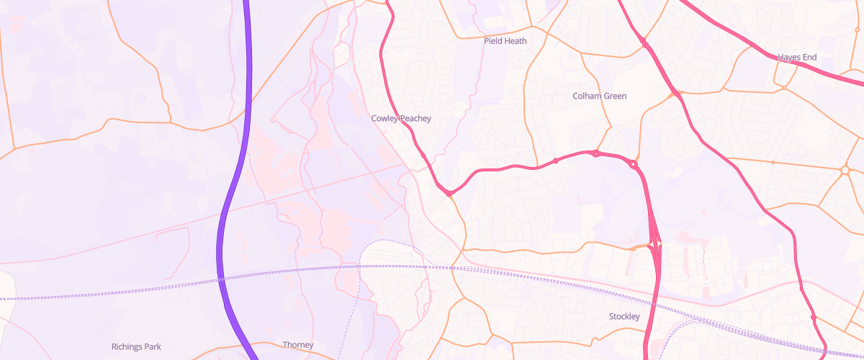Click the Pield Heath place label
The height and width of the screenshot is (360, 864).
point(505,41)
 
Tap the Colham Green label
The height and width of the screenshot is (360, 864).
point(599,96)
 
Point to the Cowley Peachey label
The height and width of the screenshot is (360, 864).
point(400,118)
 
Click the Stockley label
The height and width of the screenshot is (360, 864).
point(624,317)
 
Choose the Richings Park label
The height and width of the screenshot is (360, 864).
point(136,346)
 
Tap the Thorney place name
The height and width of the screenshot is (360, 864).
point(297,345)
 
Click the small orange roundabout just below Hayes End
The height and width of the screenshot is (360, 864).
point(784,88)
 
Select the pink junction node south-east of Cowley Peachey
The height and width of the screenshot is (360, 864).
point(449,193)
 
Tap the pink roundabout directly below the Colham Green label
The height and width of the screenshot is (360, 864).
point(596,153)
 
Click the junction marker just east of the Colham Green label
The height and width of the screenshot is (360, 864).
point(677,93)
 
